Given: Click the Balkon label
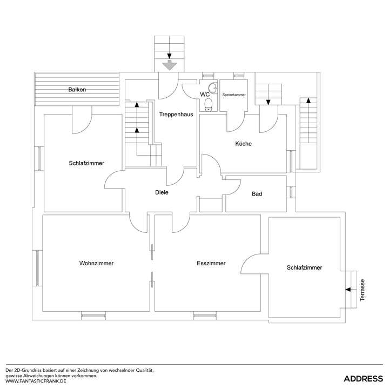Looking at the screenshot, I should pos(77,90).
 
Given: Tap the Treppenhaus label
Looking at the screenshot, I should pos(176,114).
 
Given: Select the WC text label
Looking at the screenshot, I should pos(205,95).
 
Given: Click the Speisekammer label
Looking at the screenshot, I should pos(234,95).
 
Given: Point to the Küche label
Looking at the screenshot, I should pos(243,144).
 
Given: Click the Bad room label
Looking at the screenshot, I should pos(257,193).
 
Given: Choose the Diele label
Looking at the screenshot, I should pos(162,192).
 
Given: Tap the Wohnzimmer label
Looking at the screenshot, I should pos(96,264).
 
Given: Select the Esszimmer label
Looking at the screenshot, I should pos(211,264).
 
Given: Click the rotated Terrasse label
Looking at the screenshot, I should pos(363,290).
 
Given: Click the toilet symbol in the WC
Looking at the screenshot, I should pos(209,104).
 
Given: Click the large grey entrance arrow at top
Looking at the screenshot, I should pos(170,64).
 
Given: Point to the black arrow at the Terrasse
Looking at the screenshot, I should pos(348,290).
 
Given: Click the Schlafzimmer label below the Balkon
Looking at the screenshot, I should pos(86,163).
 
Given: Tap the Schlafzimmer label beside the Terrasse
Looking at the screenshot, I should pos(305,267).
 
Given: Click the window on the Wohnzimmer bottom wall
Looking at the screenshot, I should pos(93,315).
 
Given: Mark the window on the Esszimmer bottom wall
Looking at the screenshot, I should pos(205,315).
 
